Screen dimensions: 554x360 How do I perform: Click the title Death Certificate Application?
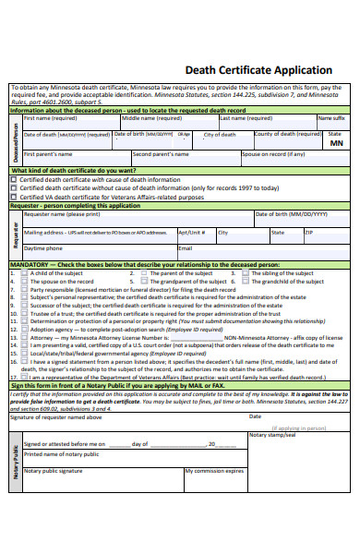[258, 70]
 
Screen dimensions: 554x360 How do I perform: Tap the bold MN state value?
[336, 144]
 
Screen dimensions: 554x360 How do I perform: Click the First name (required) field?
[70, 123]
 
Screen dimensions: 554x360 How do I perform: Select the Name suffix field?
[332, 123]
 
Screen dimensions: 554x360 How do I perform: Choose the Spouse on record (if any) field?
[294, 159]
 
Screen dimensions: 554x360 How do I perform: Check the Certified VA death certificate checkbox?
[13, 197]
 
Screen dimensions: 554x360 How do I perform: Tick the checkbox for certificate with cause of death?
[13, 180]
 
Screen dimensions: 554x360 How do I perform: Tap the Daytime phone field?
[98, 253]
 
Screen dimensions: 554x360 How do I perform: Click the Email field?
[258, 253]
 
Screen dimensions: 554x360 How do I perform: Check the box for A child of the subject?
[25, 273]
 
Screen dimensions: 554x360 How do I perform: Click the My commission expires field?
[214, 481]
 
